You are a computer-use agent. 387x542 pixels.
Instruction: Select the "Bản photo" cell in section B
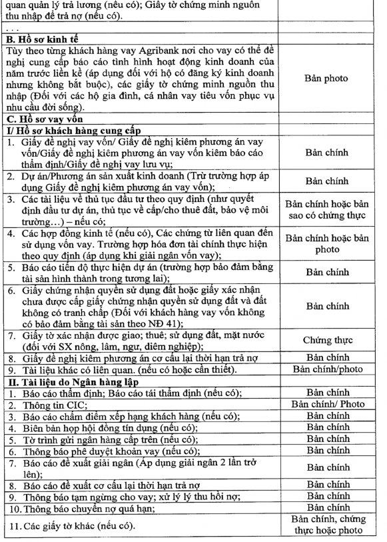click(x=326, y=78)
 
